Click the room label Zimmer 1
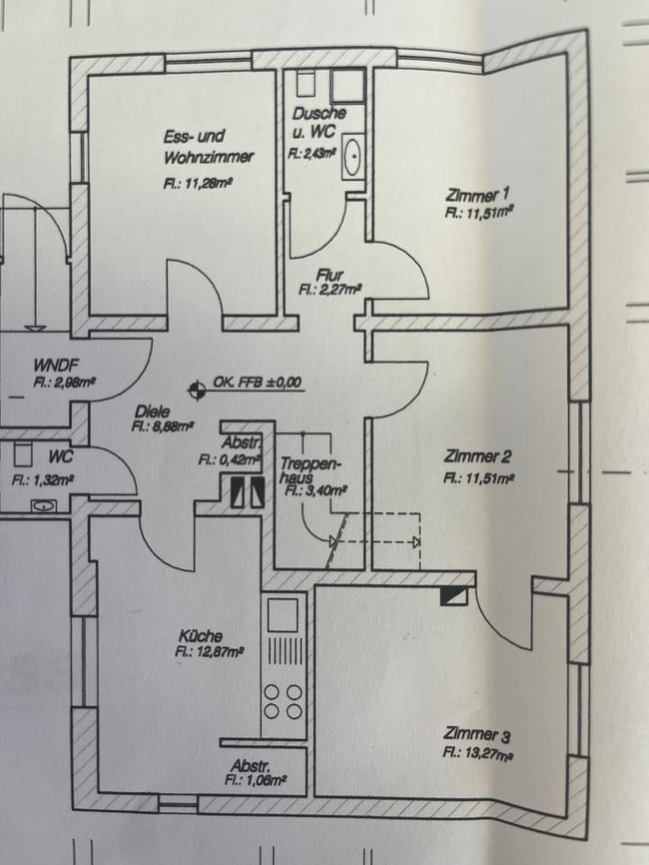478,196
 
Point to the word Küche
200,634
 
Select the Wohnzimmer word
209,157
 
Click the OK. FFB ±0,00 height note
257,383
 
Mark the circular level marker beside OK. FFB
193,390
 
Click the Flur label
330,275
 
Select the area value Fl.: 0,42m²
229,459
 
